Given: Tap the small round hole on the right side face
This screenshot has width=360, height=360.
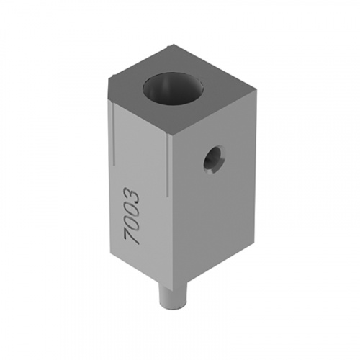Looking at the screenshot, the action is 214,159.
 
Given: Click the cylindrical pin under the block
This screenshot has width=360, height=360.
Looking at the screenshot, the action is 172,295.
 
